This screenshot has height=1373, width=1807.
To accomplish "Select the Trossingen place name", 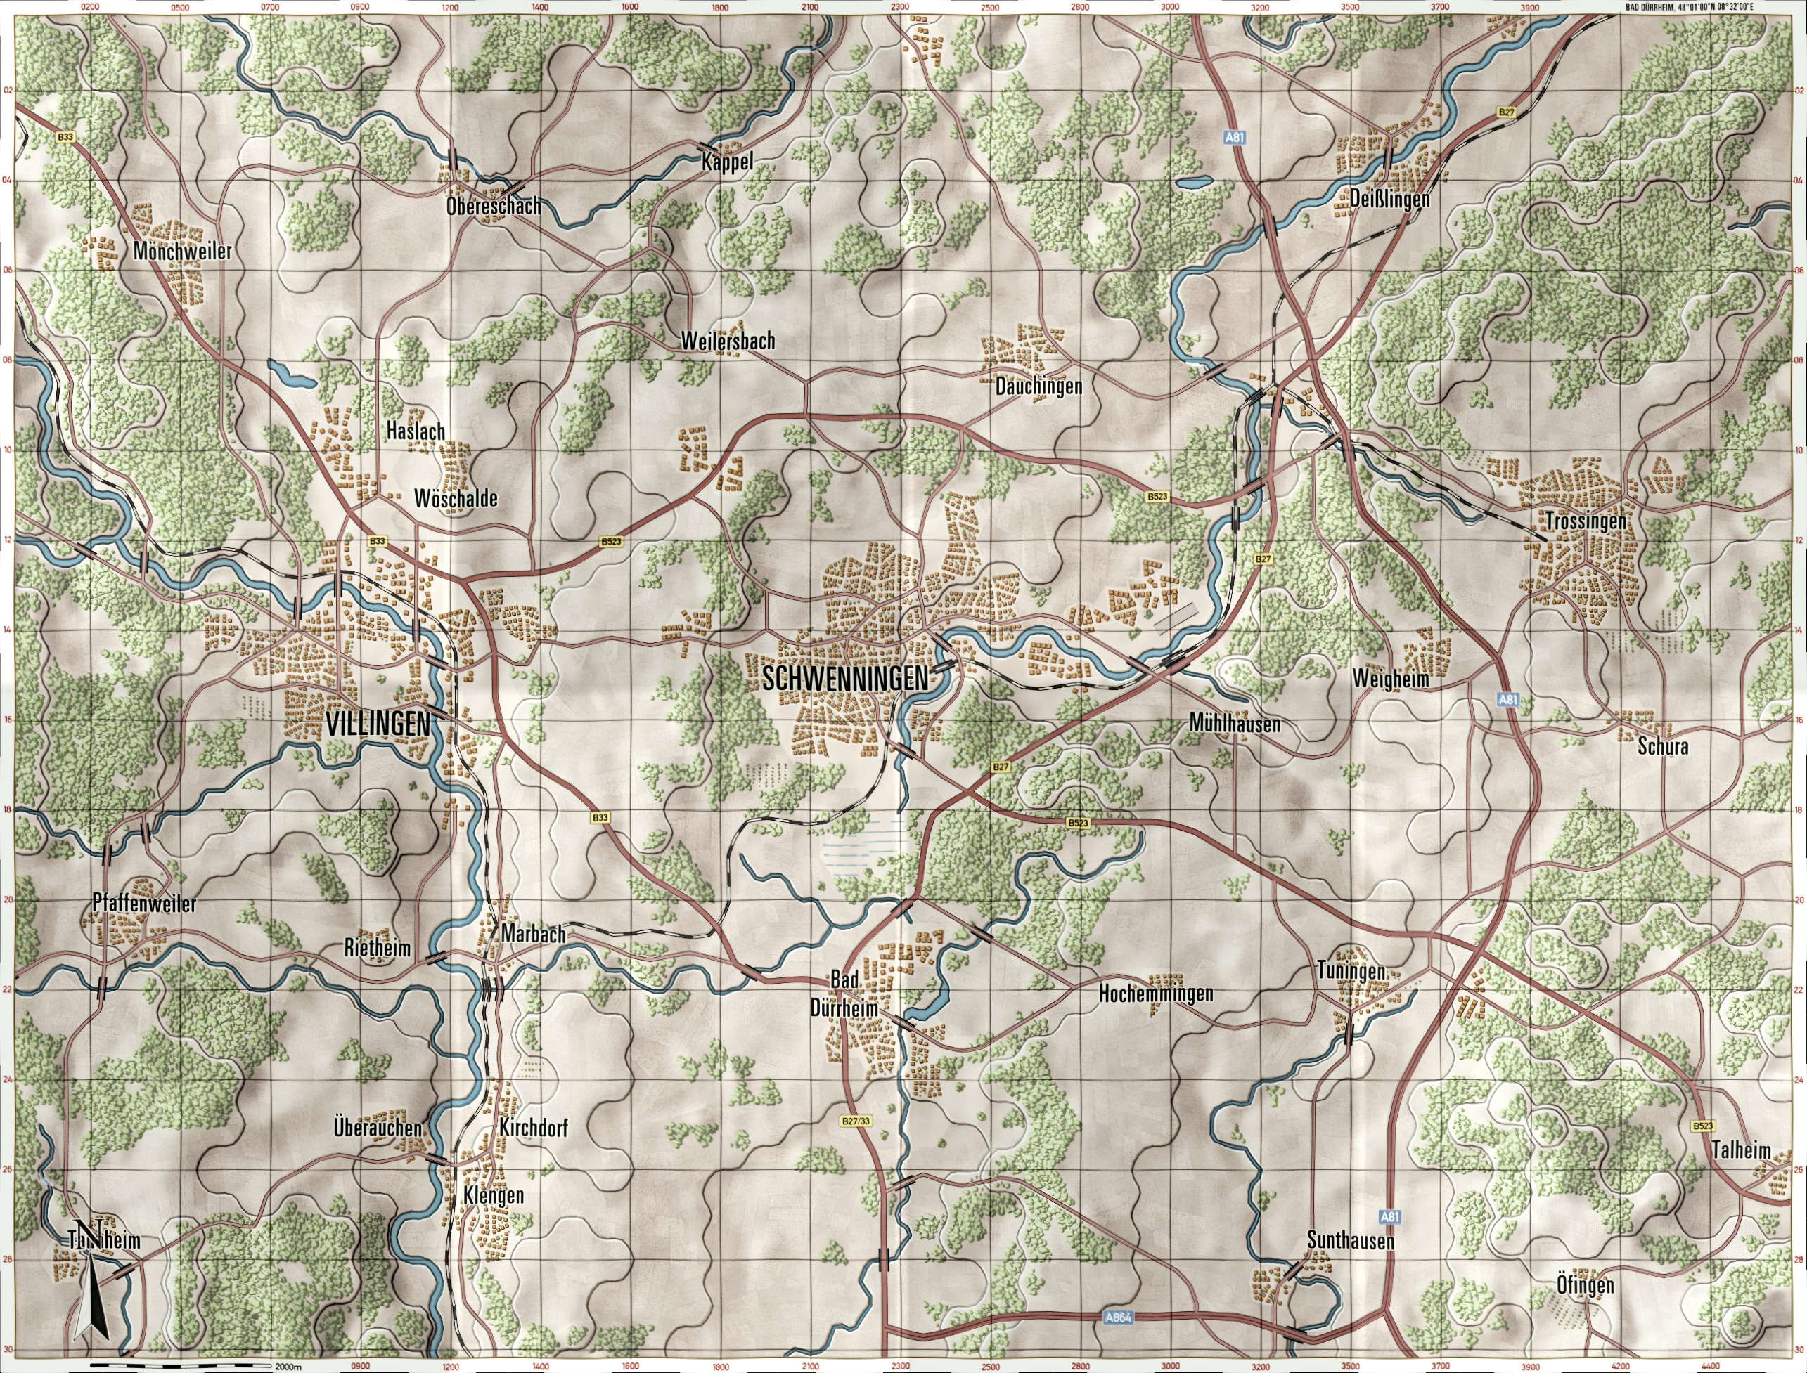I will pos(1586,521).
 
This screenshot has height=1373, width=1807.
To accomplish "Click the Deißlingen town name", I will pos(1389,199).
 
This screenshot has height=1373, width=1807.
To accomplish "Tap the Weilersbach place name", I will pos(727,341).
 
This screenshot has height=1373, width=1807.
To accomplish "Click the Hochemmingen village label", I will pos(1156,994).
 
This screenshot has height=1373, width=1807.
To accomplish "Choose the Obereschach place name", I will pos(494,207).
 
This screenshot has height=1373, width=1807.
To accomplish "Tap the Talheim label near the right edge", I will pos(1741,1151).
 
